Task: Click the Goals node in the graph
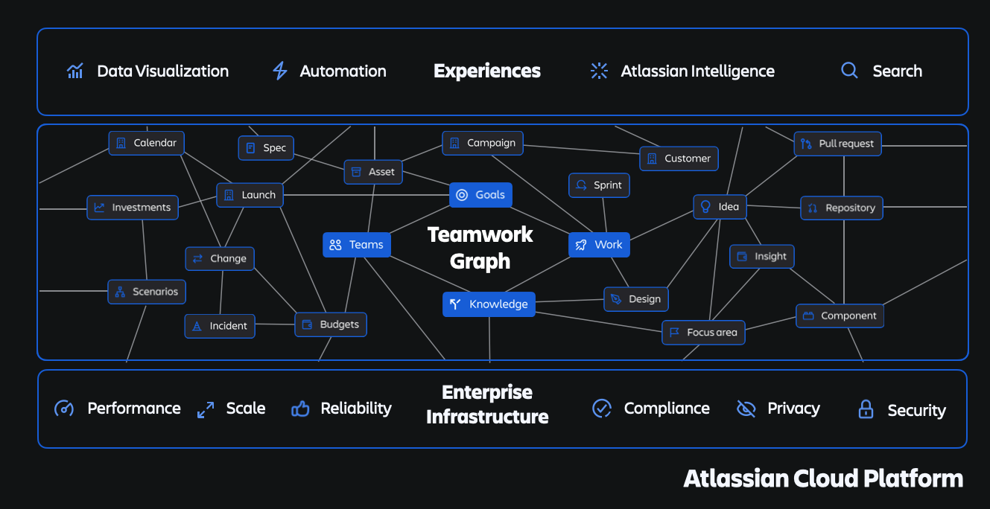[x=480, y=195]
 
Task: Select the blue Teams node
[x=356, y=245]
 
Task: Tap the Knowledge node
[x=489, y=304]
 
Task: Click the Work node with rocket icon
[x=599, y=245]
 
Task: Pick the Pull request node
[x=837, y=144]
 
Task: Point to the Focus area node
[x=703, y=333]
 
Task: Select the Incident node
[x=220, y=326]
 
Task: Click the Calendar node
[x=146, y=143]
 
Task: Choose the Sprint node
[x=599, y=185]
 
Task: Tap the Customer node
[x=679, y=159]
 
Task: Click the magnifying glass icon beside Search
[x=849, y=71]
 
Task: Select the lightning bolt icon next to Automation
[x=280, y=71]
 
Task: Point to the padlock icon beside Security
[x=865, y=409]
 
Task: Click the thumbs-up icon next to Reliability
[x=300, y=409]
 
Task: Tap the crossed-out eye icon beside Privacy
[x=746, y=409]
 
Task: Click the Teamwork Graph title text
[x=480, y=248]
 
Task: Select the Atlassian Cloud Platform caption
[x=823, y=478]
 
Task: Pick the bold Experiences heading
[x=487, y=71]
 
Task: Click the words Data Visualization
[x=162, y=71]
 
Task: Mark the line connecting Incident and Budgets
[x=275, y=324]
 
